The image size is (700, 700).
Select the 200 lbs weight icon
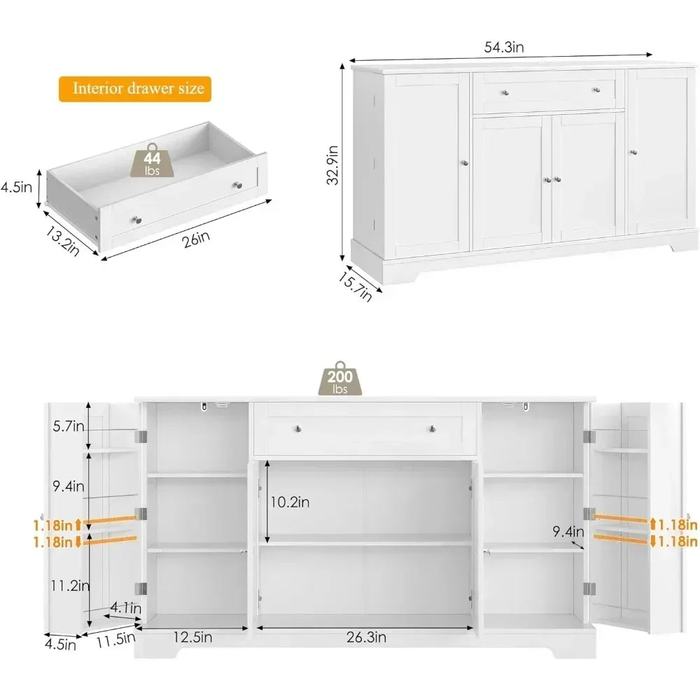340,379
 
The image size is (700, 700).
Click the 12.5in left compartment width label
192,637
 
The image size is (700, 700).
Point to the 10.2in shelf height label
290,502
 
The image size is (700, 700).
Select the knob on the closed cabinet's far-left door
463,163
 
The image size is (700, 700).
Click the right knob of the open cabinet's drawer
432,428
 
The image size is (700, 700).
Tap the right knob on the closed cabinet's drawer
596,89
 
